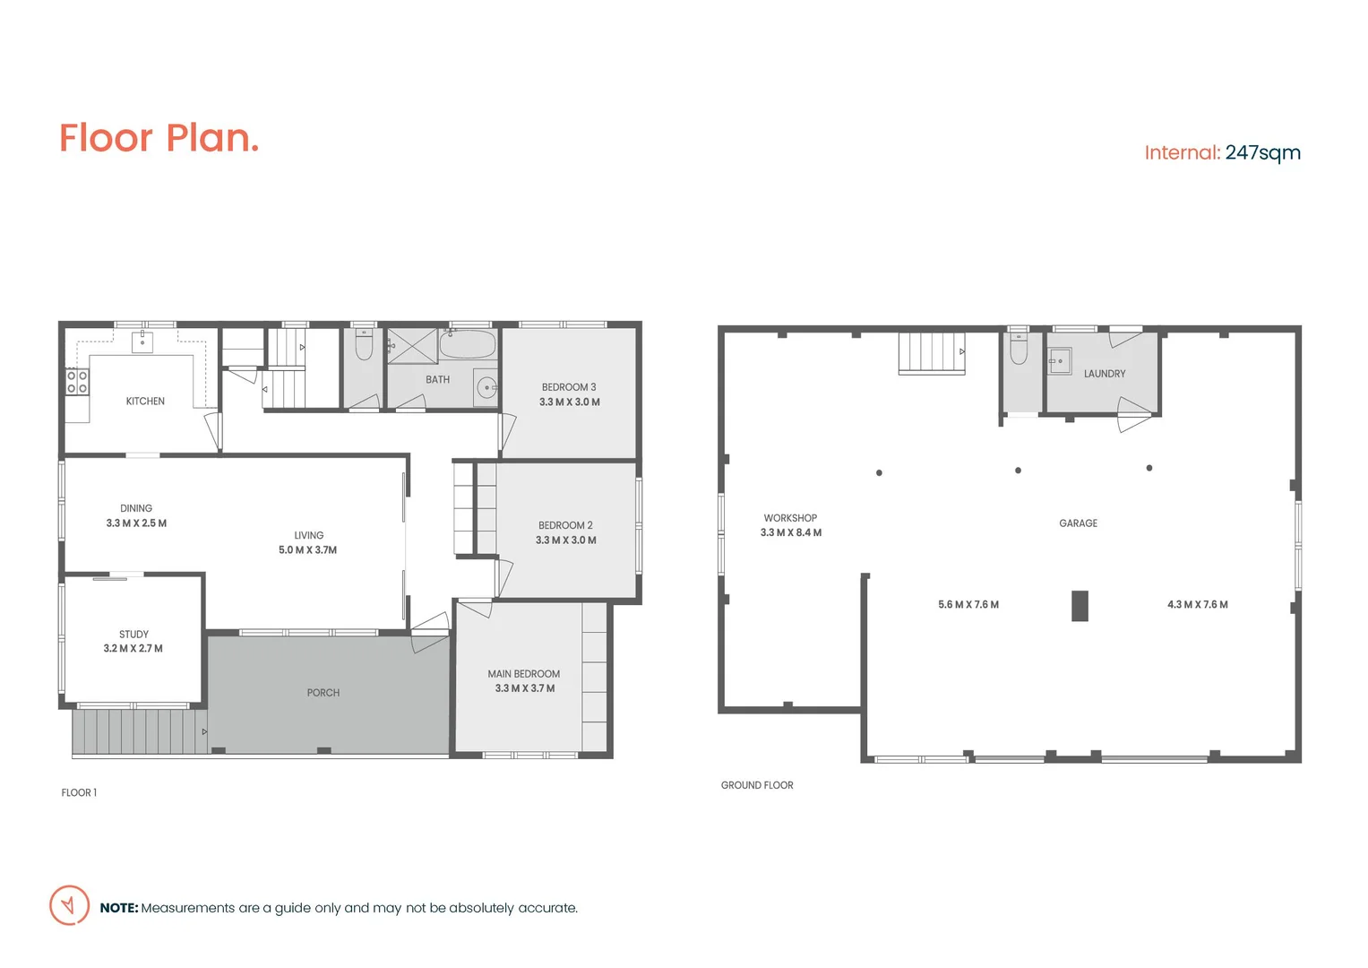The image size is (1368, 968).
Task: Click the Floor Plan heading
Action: [x=159, y=138]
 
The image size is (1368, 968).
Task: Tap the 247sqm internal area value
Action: [x=1262, y=152]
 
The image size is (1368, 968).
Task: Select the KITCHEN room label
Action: [x=145, y=402]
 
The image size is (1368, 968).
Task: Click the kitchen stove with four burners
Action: [x=77, y=383]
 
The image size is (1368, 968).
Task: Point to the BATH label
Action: [x=437, y=380]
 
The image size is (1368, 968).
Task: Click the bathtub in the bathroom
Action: [x=468, y=344]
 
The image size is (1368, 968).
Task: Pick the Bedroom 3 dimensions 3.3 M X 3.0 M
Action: [x=569, y=402]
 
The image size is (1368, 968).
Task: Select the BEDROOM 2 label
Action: [x=565, y=525]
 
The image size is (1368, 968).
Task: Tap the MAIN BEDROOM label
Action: [x=523, y=674]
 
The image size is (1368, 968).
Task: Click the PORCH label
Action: [x=323, y=693]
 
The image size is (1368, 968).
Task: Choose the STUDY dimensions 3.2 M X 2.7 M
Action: [x=133, y=649]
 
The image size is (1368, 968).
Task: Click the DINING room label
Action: [x=136, y=508]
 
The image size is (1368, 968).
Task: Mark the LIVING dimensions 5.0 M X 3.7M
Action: [x=307, y=550]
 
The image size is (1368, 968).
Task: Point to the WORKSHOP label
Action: [x=790, y=518]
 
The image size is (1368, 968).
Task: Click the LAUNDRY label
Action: [x=1104, y=374]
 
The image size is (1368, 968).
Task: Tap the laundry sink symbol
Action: [x=1061, y=360]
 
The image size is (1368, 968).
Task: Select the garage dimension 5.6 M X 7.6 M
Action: [x=968, y=605]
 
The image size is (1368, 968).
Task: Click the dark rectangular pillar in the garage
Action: [x=1080, y=606]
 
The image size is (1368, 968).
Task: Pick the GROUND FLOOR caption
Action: [x=757, y=785]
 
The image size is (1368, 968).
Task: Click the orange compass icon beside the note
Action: [x=69, y=905]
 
